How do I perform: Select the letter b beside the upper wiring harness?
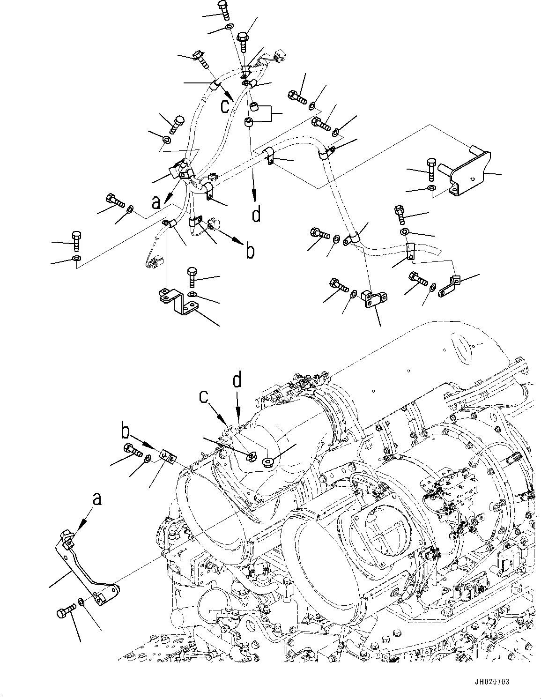point(251,251)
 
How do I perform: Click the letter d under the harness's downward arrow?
point(256,215)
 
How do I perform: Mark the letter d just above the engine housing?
point(238,380)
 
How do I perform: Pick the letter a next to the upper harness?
point(156,202)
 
